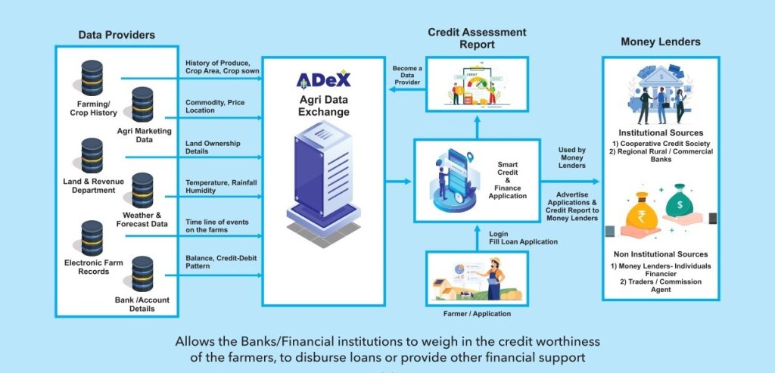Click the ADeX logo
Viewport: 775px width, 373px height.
click(x=323, y=79)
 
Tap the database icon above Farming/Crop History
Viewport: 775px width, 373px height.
click(x=92, y=78)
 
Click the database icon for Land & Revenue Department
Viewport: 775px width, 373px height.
click(x=92, y=156)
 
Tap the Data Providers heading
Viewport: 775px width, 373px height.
click(x=117, y=35)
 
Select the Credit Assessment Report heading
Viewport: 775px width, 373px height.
click(x=477, y=38)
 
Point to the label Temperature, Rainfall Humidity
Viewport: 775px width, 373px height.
click(x=217, y=186)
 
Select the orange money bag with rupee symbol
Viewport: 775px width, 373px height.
click(x=642, y=216)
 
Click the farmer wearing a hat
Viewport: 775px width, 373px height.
click(x=495, y=278)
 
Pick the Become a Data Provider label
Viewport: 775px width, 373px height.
click(x=407, y=76)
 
